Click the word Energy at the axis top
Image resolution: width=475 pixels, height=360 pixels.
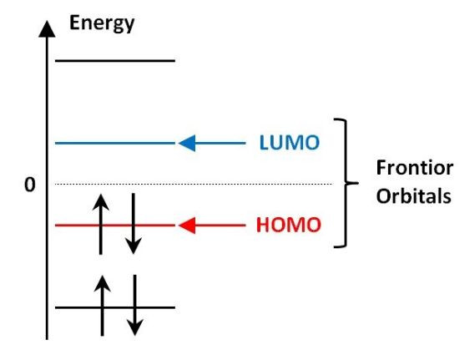click(x=102, y=23)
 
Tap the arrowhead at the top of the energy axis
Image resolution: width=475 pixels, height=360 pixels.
click(x=47, y=29)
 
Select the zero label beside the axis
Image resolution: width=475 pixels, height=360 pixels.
click(x=30, y=185)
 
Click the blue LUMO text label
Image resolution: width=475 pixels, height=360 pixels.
click(x=290, y=143)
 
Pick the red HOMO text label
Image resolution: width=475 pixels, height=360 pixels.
click(x=288, y=225)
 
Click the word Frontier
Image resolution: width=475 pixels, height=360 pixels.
click(x=414, y=168)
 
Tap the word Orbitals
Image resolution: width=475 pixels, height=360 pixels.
click(x=414, y=196)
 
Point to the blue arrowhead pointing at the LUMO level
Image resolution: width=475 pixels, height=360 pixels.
click(x=187, y=143)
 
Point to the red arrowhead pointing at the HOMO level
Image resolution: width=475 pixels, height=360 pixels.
click(x=187, y=226)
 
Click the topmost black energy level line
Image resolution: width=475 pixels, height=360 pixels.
click(x=115, y=61)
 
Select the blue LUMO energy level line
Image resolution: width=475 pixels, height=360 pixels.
click(x=115, y=143)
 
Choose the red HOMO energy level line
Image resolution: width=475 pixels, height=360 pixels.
click(x=115, y=226)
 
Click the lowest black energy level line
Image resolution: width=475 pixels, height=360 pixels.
click(x=115, y=307)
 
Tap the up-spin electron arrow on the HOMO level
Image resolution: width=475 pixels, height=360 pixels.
click(x=100, y=224)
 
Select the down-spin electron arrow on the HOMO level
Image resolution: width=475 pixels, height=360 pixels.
click(x=134, y=224)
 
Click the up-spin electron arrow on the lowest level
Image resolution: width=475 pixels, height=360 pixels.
click(x=102, y=306)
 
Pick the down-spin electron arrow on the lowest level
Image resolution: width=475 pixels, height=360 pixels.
click(x=134, y=305)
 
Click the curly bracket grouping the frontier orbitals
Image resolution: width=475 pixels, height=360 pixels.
click(x=346, y=183)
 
